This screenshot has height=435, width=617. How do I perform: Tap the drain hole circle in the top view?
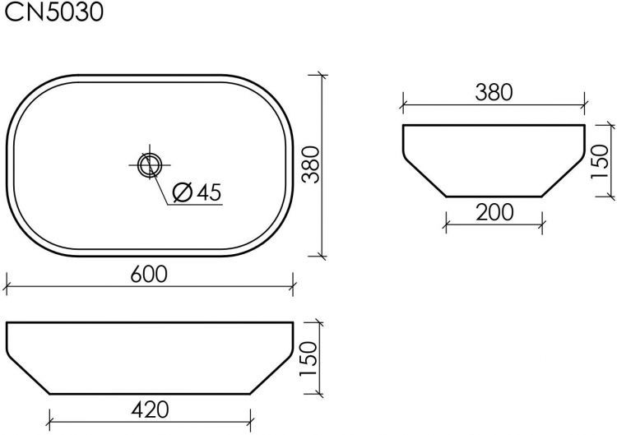point(150,164)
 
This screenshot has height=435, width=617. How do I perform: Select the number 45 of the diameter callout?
point(209,192)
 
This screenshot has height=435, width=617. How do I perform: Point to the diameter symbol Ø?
point(183,192)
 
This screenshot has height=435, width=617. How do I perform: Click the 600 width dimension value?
point(149,274)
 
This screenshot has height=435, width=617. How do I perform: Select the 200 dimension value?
point(494,211)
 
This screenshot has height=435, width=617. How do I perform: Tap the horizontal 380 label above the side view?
point(494,92)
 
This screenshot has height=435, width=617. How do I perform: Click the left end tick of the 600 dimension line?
point(7,287)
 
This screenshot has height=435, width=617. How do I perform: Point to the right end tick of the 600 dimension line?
point(293,287)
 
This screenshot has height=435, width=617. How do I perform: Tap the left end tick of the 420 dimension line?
point(50,420)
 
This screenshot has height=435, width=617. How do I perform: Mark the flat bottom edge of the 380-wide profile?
point(494,197)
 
